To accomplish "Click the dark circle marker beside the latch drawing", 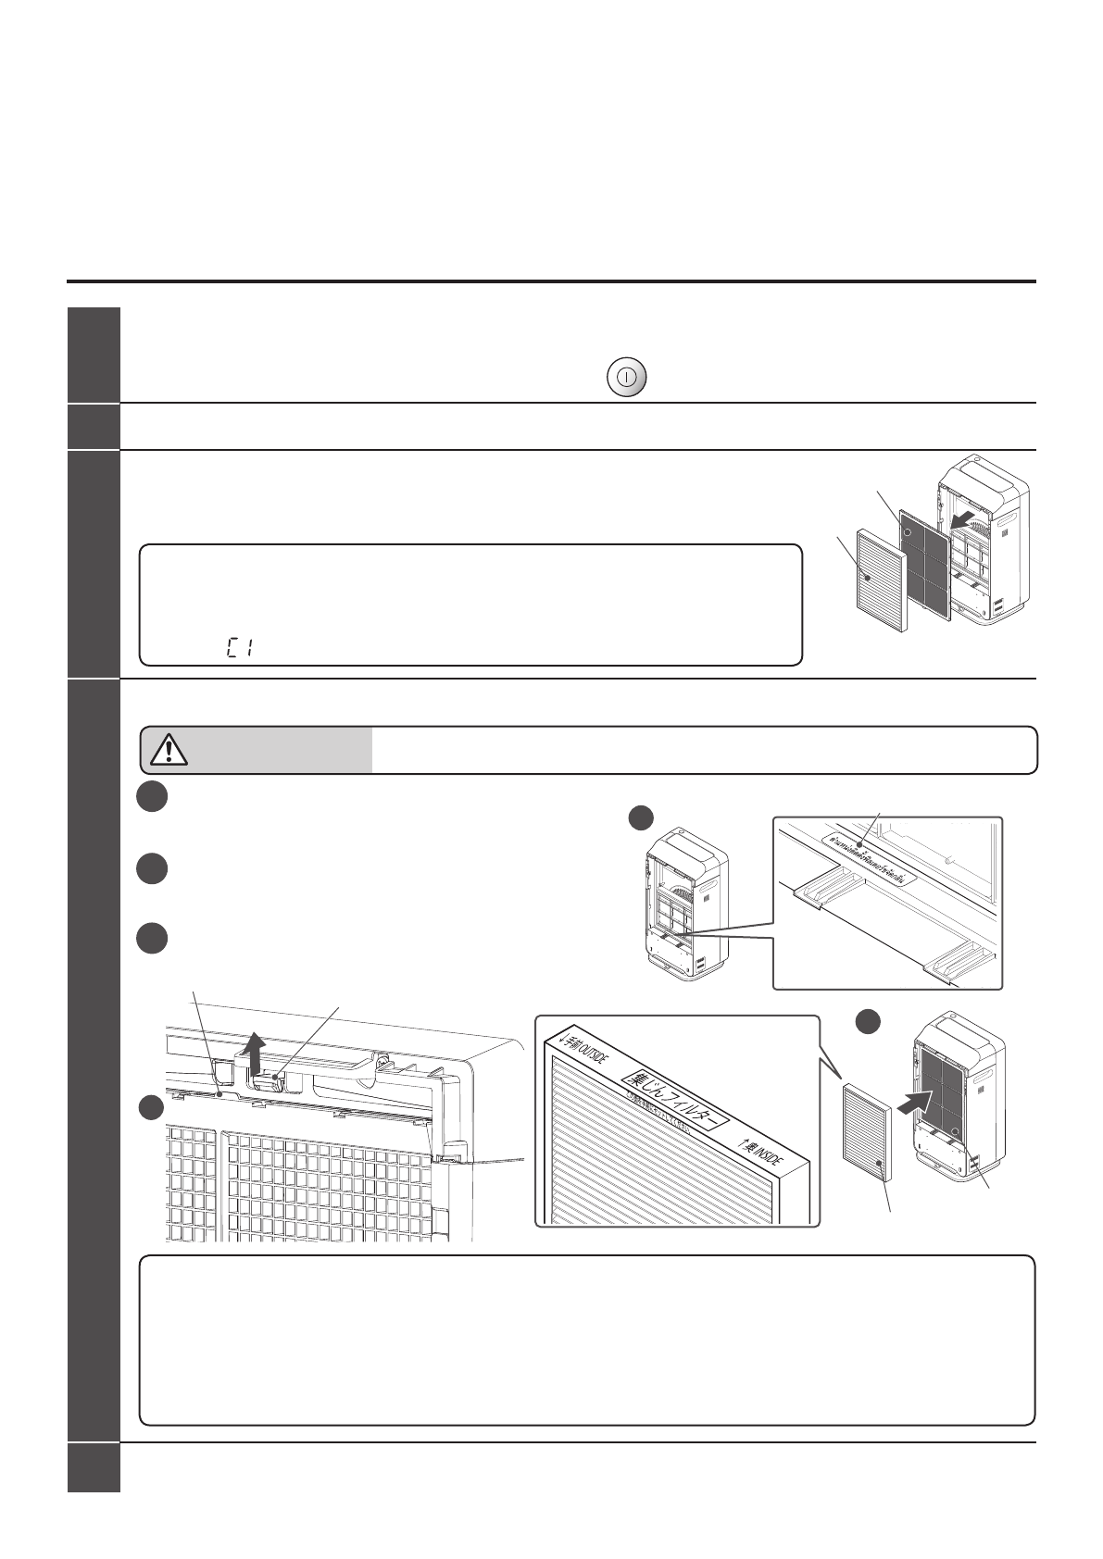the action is click(152, 1107).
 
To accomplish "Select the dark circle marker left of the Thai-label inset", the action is click(641, 818).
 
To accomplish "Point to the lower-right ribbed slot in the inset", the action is click(959, 963).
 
